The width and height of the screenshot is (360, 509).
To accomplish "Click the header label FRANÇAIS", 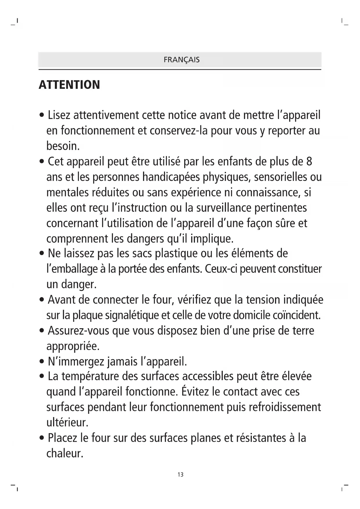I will pyautogui.click(x=182, y=60).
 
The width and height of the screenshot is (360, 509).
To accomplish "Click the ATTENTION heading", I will pyautogui.click(x=69, y=85).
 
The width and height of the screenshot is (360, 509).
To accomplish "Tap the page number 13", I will pyautogui.click(x=180, y=474).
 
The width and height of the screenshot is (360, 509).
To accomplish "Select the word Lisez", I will pyautogui.click(x=59, y=115).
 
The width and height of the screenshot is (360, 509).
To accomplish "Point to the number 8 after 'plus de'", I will pyautogui.click(x=309, y=161).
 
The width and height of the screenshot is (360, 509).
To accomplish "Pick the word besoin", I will pyautogui.click(x=63, y=146).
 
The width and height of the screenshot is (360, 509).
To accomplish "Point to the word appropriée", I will pyautogui.click(x=73, y=346).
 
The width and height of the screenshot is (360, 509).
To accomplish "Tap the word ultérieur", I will pyautogui.click(x=67, y=422).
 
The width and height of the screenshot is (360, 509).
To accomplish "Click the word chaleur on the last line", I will pyautogui.click(x=65, y=453).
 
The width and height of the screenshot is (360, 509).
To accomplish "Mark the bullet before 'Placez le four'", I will pyautogui.click(x=42, y=438).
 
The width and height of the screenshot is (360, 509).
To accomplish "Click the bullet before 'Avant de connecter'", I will pyautogui.click(x=42, y=300).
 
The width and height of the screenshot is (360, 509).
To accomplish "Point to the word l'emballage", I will pyautogui.click(x=72, y=269).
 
